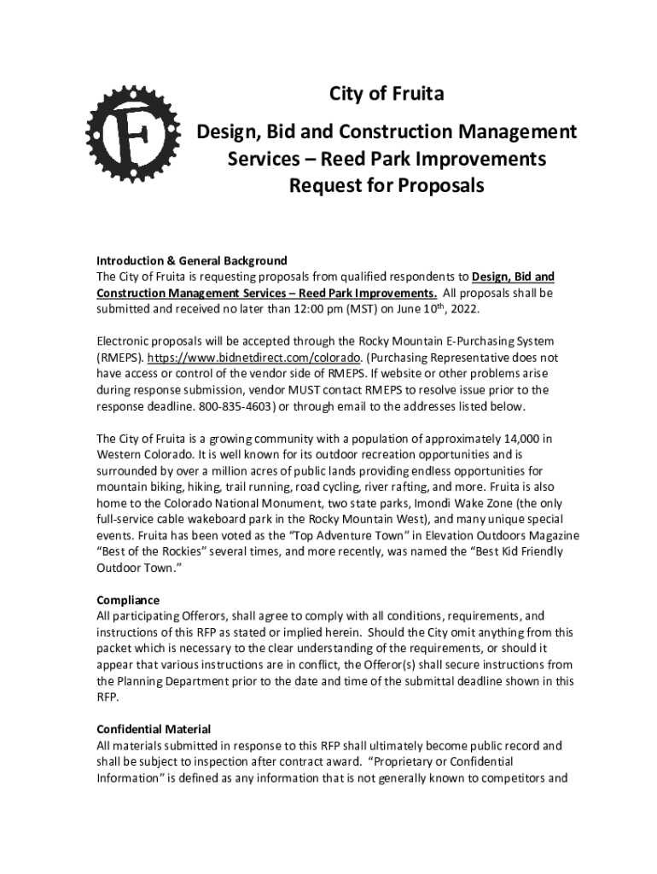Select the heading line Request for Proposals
tap(387, 185)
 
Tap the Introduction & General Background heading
tap(191, 260)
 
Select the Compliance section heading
tap(128, 600)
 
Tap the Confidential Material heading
tap(154, 730)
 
